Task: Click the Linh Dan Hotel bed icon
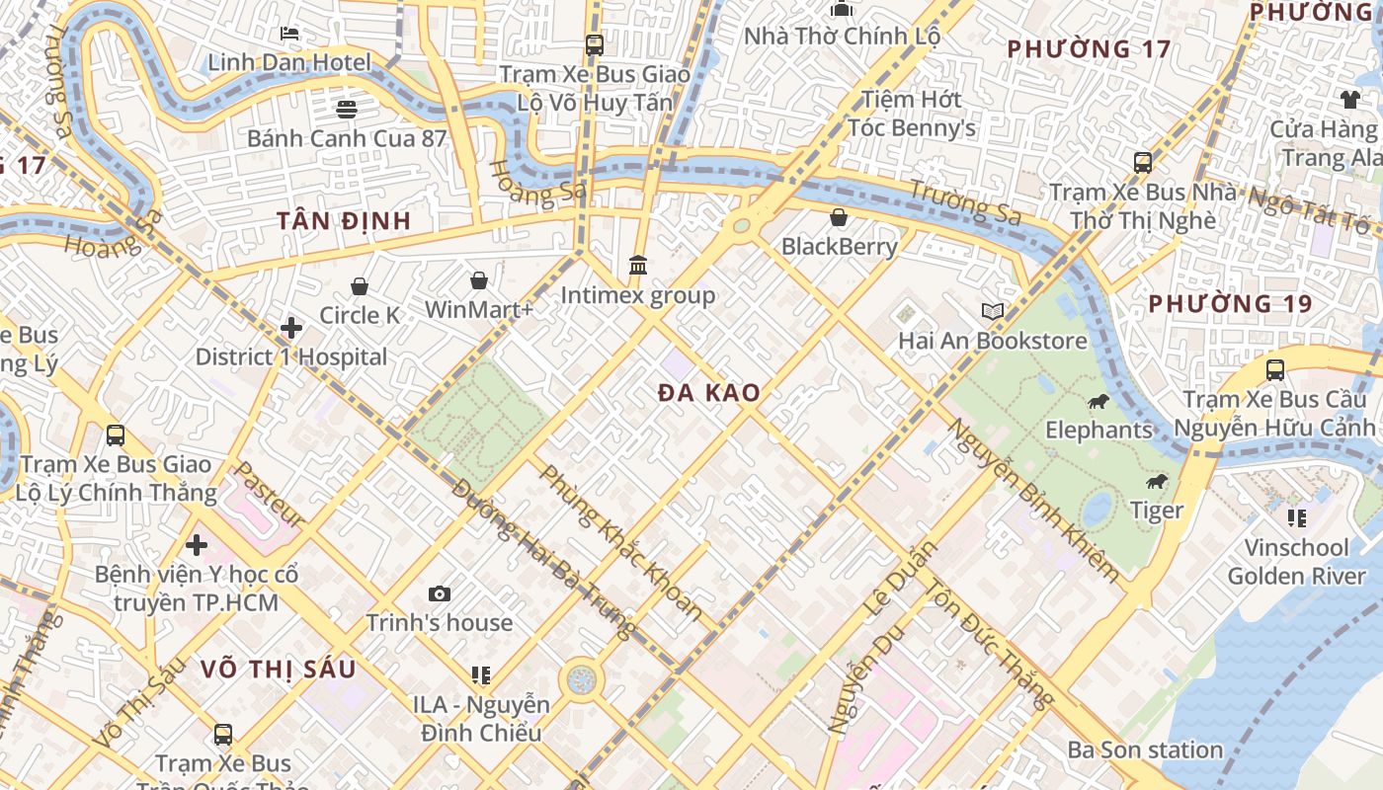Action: click(x=289, y=34)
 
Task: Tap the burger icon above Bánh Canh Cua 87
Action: click(x=346, y=109)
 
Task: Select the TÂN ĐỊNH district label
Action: click(x=344, y=220)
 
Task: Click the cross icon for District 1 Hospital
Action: click(x=291, y=328)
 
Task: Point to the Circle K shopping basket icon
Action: click(x=360, y=286)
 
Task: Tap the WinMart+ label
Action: click(x=479, y=309)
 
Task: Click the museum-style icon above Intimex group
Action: click(x=638, y=266)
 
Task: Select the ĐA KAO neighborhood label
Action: click(x=709, y=392)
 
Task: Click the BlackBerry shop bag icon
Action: click(x=839, y=217)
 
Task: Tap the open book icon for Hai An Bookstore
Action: click(x=992, y=312)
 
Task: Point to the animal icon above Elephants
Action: click(x=1098, y=401)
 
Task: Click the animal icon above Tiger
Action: click(x=1156, y=482)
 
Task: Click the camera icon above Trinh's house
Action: click(x=440, y=593)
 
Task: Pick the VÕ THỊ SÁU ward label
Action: click(x=278, y=669)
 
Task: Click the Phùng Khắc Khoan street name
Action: click(x=621, y=542)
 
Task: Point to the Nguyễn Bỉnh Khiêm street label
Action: click(x=1034, y=500)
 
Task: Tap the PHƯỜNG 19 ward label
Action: click(x=1230, y=303)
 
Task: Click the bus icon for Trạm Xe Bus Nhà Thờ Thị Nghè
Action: click(x=1143, y=163)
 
